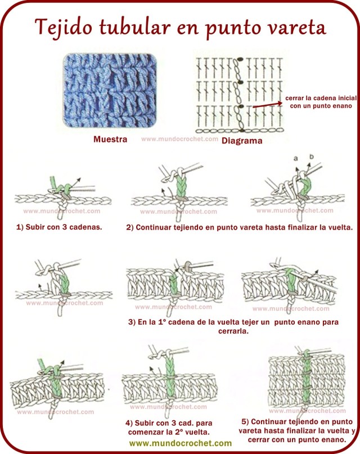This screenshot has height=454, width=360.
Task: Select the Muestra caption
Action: pos(110,139)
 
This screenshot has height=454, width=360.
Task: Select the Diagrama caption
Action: pos(242,141)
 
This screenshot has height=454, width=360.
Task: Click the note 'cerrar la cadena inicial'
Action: pos(321,97)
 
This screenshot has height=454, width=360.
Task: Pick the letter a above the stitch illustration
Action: pos(294,160)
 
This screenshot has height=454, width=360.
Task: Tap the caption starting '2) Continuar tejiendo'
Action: pos(239,228)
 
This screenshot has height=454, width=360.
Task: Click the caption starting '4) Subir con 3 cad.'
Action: pos(169,427)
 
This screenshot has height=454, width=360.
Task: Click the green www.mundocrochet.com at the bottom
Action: pos(180,443)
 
